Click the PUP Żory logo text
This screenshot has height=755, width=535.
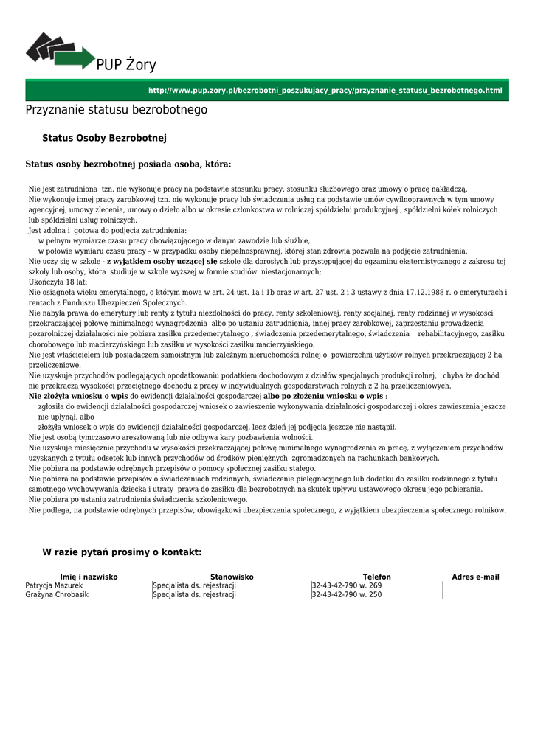tap(126, 65)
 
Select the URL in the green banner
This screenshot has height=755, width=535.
tap(325, 91)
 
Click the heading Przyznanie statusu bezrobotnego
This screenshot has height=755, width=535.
tap(117, 110)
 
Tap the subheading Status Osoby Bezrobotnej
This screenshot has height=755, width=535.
tap(105, 138)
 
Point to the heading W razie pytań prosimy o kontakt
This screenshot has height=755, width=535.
tap(122, 552)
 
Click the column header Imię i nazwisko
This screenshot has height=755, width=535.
tap(89, 577)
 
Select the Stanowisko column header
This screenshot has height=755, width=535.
tap(232, 577)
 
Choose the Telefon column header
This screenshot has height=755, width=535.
tap(376, 577)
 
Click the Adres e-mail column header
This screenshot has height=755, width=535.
tap(475, 577)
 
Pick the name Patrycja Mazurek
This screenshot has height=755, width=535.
tap(55, 585)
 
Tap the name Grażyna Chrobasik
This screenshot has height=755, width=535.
tap(57, 594)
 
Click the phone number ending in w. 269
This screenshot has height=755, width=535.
tap(347, 585)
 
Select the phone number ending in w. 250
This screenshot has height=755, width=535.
tap(347, 594)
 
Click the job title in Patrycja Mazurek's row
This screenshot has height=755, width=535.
tap(195, 585)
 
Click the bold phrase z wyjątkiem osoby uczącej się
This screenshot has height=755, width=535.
tap(162, 261)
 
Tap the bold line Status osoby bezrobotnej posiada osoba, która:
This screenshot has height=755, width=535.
tap(128, 164)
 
